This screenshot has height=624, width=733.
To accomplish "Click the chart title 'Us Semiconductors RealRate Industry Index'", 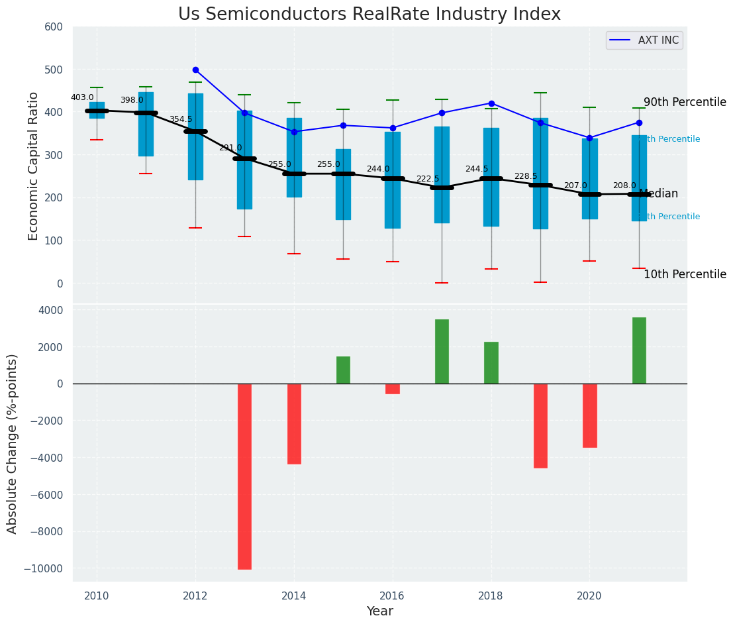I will (x=369, y=15).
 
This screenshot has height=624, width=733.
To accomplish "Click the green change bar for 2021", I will (x=639, y=350).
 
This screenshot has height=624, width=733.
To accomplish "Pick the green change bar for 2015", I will (x=343, y=370).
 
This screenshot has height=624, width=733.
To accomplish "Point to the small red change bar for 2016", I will (x=393, y=389).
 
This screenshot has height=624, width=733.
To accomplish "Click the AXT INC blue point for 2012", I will (x=195, y=70).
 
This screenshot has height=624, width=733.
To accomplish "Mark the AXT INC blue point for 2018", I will (x=491, y=103).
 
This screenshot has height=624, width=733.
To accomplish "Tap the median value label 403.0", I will (x=82, y=97).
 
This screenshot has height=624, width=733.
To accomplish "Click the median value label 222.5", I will (x=427, y=179).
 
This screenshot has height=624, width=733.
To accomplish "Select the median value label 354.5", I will (x=181, y=119).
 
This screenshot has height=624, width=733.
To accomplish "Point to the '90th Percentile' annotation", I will (x=685, y=102).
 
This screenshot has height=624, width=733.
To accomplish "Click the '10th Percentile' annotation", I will (x=685, y=274).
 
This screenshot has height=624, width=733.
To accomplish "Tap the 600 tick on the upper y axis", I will (x=54, y=27).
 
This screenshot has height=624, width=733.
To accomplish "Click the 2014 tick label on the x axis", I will (x=294, y=596).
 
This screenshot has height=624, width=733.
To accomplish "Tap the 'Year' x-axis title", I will (x=380, y=611).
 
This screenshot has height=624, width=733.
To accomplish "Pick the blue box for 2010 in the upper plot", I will (x=97, y=110).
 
